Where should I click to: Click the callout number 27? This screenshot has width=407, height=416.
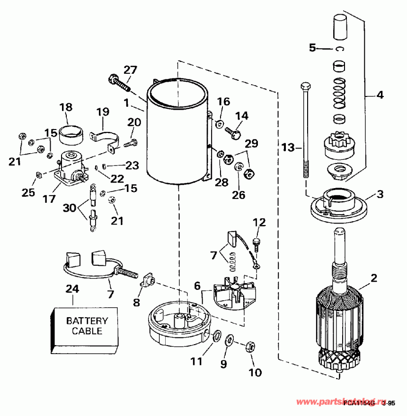click(x=130, y=70)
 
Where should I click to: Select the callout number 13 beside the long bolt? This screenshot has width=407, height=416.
click(x=288, y=148)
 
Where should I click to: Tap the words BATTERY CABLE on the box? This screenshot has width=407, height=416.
click(x=87, y=326)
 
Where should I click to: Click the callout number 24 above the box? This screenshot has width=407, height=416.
click(x=72, y=288)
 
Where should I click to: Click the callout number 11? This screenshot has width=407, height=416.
click(x=196, y=362)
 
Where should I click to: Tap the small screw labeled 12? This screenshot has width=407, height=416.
click(x=257, y=244)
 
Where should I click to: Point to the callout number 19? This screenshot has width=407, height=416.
click(x=103, y=112)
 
